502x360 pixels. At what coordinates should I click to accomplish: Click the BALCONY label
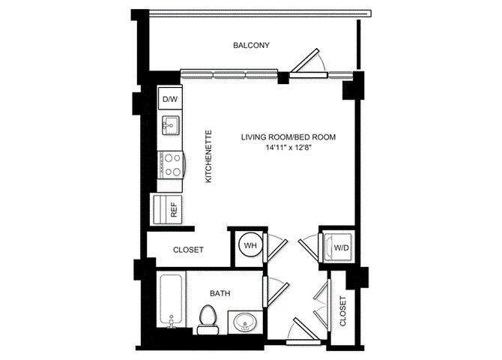251,45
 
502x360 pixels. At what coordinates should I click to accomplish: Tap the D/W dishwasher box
170,99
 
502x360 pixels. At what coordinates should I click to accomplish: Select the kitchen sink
171,125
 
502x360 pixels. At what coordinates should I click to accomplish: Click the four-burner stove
171,165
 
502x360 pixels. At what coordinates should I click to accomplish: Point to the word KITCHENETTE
208,156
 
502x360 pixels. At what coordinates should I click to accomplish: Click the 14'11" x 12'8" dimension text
288,148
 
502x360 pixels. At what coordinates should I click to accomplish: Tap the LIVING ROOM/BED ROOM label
288,137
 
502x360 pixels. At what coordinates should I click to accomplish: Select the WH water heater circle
250,245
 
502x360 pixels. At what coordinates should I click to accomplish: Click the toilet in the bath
208,319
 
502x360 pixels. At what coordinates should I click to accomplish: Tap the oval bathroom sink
244,322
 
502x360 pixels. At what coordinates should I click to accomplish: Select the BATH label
220,293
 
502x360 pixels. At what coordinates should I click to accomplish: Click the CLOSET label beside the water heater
188,250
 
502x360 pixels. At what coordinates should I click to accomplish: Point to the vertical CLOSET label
343,311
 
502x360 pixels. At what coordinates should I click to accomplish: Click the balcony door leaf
305,60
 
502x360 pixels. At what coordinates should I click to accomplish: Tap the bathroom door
278,293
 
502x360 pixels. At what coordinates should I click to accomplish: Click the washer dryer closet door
308,249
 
